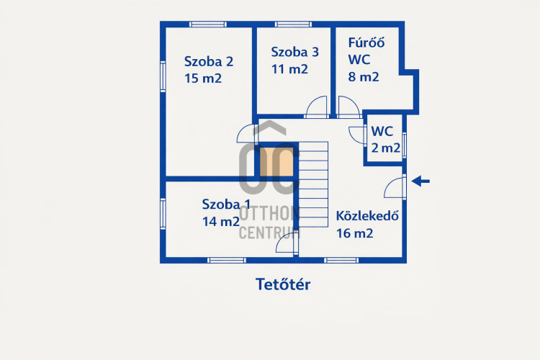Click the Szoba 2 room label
point(209,61)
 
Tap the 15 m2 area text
point(203,78)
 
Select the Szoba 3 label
point(294,52)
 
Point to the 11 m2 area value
point(289,69)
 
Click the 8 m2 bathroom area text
point(364,76)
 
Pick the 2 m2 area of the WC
point(386,148)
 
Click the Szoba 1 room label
point(226,204)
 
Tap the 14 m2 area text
point(221,221)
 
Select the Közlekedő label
point(367,216)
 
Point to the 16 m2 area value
point(354,233)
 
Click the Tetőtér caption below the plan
point(283,284)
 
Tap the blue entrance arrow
point(421,181)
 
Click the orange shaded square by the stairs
point(276,162)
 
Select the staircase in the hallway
point(313,184)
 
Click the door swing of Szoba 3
point(317,107)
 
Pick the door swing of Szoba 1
point(287,243)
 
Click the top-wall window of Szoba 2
point(208,24)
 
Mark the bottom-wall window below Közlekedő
point(341,261)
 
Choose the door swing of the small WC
point(357,135)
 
